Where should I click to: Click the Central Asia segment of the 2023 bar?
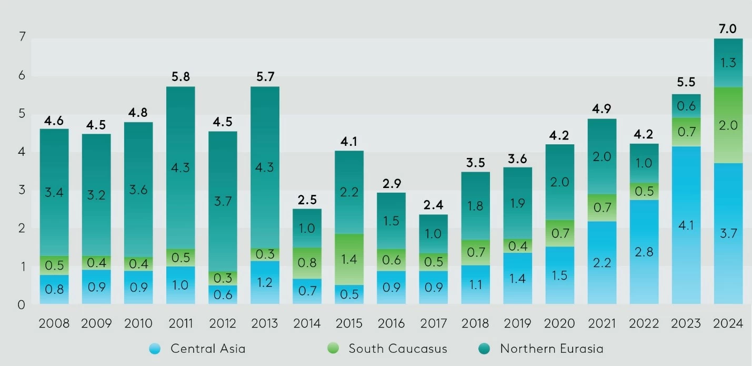pyautogui.click(x=686, y=225)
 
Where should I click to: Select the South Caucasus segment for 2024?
pyautogui.click(x=728, y=125)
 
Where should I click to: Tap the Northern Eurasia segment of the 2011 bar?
pyautogui.click(x=181, y=167)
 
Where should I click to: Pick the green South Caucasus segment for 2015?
pyautogui.click(x=349, y=259)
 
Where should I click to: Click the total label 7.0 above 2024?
pyautogui.click(x=728, y=29)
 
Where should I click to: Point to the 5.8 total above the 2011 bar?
pyautogui.click(x=181, y=77)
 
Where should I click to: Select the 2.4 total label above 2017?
pyautogui.click(x=433, y=205)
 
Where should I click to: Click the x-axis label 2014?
pyautogui.click(x=307, y=323)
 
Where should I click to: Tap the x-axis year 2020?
pyautogui.click(x=559, y=323)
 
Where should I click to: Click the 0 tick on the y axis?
pyautogui.click(x=22, y=304)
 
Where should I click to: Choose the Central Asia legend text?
pyautogui.click(x=208, y=349)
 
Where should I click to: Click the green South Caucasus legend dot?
pyautogui.click(x=333, y=349)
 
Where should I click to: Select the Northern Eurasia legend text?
pyautogui.click(x=552, y=349)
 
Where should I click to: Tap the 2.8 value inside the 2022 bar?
pyautogui.click(x=644, y=252)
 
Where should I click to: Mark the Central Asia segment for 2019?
pyautogui.click(x=517, y=278)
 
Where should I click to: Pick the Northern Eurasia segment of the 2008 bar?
pyautogui.click(x=54, y=192)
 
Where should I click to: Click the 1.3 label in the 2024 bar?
pyautogui.click(x=728, y=63)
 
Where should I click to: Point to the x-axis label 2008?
pyautogui.click(x=54, y=323)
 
